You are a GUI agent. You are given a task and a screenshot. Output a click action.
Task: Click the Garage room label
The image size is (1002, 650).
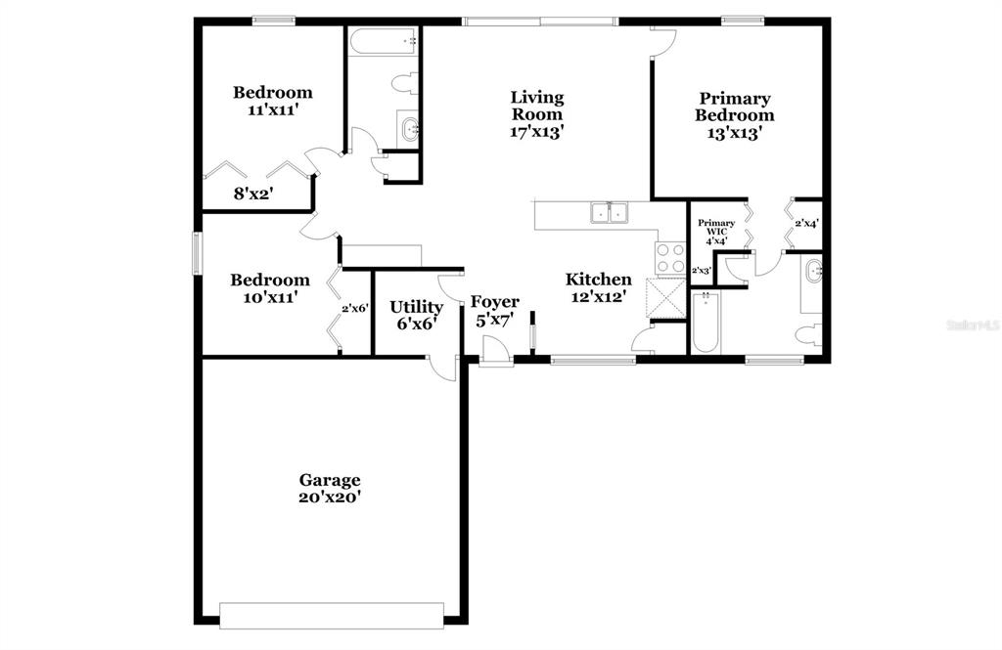click(x=330, y=480)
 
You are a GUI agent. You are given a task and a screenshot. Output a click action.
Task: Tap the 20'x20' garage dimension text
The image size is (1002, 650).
click(x=330, y=497)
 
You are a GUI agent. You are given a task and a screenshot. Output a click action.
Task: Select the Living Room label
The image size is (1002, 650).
click(x=537, y=106)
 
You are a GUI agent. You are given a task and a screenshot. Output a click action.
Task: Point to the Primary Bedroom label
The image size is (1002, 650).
click(x=735, y=107)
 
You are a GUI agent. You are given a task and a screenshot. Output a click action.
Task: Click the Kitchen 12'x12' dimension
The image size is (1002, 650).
click(x=599, y=296)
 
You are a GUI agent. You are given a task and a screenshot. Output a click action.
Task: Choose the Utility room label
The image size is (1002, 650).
click(x=417, y=307)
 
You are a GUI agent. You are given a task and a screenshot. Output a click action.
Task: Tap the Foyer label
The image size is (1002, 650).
click(x=495, y=302)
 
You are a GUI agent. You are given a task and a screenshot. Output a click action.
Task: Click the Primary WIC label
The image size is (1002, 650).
click(x=716, y=228)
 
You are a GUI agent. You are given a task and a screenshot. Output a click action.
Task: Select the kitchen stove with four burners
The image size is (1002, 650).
click(x=670, y=259)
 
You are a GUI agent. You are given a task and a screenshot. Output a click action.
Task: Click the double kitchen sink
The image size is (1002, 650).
click(x=609, y=212)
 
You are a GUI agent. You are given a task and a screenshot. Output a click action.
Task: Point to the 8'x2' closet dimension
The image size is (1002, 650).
click(x=253, y=194)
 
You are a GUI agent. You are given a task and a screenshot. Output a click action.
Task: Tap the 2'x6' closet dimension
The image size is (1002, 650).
click(x=355, y=309)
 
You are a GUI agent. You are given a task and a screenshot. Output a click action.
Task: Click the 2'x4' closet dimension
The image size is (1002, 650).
click(x=807, y=224)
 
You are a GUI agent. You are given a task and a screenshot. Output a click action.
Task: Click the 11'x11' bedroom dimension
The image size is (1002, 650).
click(x=274, y=109)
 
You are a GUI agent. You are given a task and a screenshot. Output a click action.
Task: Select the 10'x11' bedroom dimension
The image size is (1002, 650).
click(x=270, y=297)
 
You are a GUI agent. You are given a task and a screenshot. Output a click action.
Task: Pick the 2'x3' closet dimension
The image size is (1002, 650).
click(x=702, y=271)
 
